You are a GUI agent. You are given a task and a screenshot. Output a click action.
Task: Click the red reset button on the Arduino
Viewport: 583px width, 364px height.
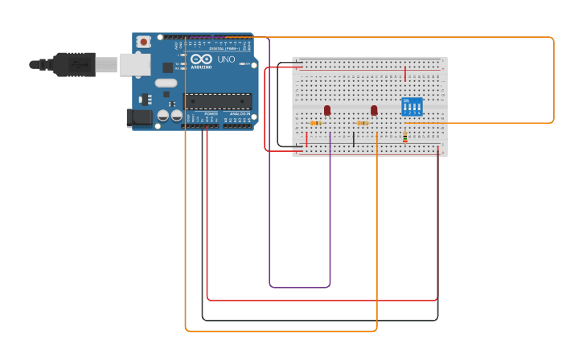143,42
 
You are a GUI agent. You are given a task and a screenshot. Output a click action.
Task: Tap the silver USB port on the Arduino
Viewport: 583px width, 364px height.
134,64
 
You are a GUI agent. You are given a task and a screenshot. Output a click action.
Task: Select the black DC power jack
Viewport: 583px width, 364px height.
139,118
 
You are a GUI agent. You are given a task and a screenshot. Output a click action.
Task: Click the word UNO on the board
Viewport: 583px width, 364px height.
227,59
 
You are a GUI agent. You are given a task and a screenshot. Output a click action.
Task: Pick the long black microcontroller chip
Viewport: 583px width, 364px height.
218,101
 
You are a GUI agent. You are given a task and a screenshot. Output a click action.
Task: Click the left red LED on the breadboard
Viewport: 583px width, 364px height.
326,110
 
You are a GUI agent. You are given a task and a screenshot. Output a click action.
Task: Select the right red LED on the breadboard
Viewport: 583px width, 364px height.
374,110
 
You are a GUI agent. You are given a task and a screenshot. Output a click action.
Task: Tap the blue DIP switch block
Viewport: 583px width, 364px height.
412,107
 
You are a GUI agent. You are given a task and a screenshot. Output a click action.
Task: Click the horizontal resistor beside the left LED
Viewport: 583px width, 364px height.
316,123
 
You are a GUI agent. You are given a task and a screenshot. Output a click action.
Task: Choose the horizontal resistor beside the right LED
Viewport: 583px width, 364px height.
363,123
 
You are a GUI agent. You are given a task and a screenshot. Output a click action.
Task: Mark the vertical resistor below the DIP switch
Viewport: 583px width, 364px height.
404,137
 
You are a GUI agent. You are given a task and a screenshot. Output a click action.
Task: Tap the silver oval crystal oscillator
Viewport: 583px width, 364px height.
166,83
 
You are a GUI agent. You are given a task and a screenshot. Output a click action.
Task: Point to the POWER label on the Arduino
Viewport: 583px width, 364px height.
211,114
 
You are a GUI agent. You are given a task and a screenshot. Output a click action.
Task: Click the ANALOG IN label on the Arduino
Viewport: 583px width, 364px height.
239,114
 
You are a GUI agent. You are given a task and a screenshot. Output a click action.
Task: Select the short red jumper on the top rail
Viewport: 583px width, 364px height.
405,74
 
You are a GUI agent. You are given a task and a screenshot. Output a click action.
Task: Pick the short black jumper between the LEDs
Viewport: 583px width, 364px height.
353,139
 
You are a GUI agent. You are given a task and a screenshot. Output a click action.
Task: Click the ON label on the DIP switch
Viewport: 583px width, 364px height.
406,100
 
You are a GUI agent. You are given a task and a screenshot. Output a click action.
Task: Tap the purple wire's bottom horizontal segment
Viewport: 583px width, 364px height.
299,287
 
